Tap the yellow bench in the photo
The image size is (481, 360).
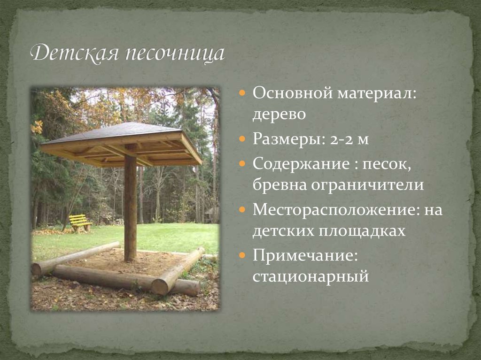click(80, 222)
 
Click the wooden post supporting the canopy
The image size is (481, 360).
click(130, 207)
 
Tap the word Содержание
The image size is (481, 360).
click(298, 163)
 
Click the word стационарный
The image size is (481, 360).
click(310, 277)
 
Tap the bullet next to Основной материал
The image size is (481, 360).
click(242, 93)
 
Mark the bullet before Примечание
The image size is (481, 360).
click(242, 256)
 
